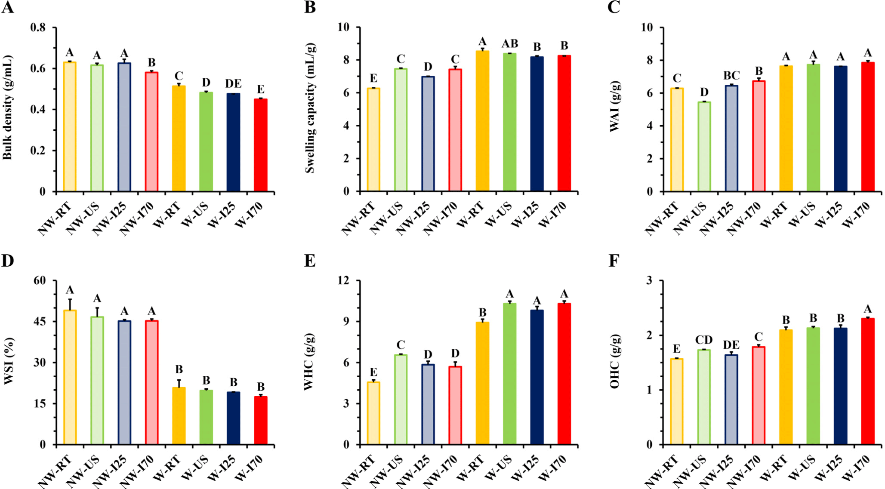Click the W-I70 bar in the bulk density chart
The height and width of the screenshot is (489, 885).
[260, 145]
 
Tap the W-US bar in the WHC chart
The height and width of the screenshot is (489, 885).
[509, 374]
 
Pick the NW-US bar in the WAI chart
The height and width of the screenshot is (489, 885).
[704, 147]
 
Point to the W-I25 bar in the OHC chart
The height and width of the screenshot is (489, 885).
[840, 386]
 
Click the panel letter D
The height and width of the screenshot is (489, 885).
[7, 261]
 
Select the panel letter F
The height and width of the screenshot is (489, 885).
[614, 261]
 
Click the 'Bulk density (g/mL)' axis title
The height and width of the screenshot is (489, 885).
[7, 108]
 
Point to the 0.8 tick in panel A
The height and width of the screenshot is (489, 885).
[38, 28]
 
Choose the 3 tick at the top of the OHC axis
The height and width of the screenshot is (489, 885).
[649, 280]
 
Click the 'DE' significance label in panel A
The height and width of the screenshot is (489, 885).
[233, 83]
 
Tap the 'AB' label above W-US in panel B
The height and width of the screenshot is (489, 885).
[510, 44]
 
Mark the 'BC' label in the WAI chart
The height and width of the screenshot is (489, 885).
[731, 76]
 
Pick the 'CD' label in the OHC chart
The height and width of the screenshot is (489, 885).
[704, 340]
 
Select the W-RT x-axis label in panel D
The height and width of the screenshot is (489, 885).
[167, 469]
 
